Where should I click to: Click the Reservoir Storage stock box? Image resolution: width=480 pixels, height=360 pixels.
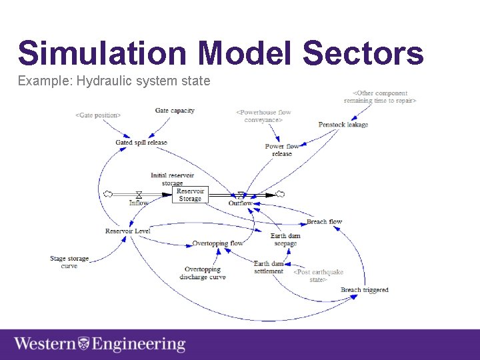click(x=190, y=195)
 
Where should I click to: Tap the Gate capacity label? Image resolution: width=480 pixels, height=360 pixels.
click(x=175, y=111)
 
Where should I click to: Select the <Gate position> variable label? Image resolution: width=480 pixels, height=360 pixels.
click(x=98, y=115)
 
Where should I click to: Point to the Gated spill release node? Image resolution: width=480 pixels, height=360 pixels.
click(x=141, y=143)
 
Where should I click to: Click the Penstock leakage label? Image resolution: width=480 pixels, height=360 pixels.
click(x=343, y=125)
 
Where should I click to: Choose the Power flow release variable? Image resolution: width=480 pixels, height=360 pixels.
click(x=282, y=150)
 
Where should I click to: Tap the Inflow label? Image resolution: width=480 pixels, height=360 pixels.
click(x=139, y=203)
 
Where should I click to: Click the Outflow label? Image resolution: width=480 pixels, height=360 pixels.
click(x=241, y=203)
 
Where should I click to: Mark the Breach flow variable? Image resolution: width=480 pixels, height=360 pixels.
click(x=324, y=222)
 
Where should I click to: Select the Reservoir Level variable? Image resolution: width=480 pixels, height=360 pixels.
click(x=128, y=231)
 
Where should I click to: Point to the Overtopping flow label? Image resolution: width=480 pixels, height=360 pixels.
click(x=217, y=243)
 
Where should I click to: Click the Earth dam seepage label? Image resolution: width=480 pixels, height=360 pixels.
click(x=285, y=239)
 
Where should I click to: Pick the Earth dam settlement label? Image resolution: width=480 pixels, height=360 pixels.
click(x=269, y=267)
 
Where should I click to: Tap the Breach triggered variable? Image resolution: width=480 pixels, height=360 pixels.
click(x=364, y=290)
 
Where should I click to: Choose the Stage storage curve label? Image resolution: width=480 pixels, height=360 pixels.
click(x=69, y=262)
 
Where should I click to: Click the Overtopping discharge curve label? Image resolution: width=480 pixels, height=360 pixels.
click(x=203, y=273)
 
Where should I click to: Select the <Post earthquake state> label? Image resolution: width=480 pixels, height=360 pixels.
click(x=319, y=276)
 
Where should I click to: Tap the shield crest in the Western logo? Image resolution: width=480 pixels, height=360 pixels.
click(x=84, y=345)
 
